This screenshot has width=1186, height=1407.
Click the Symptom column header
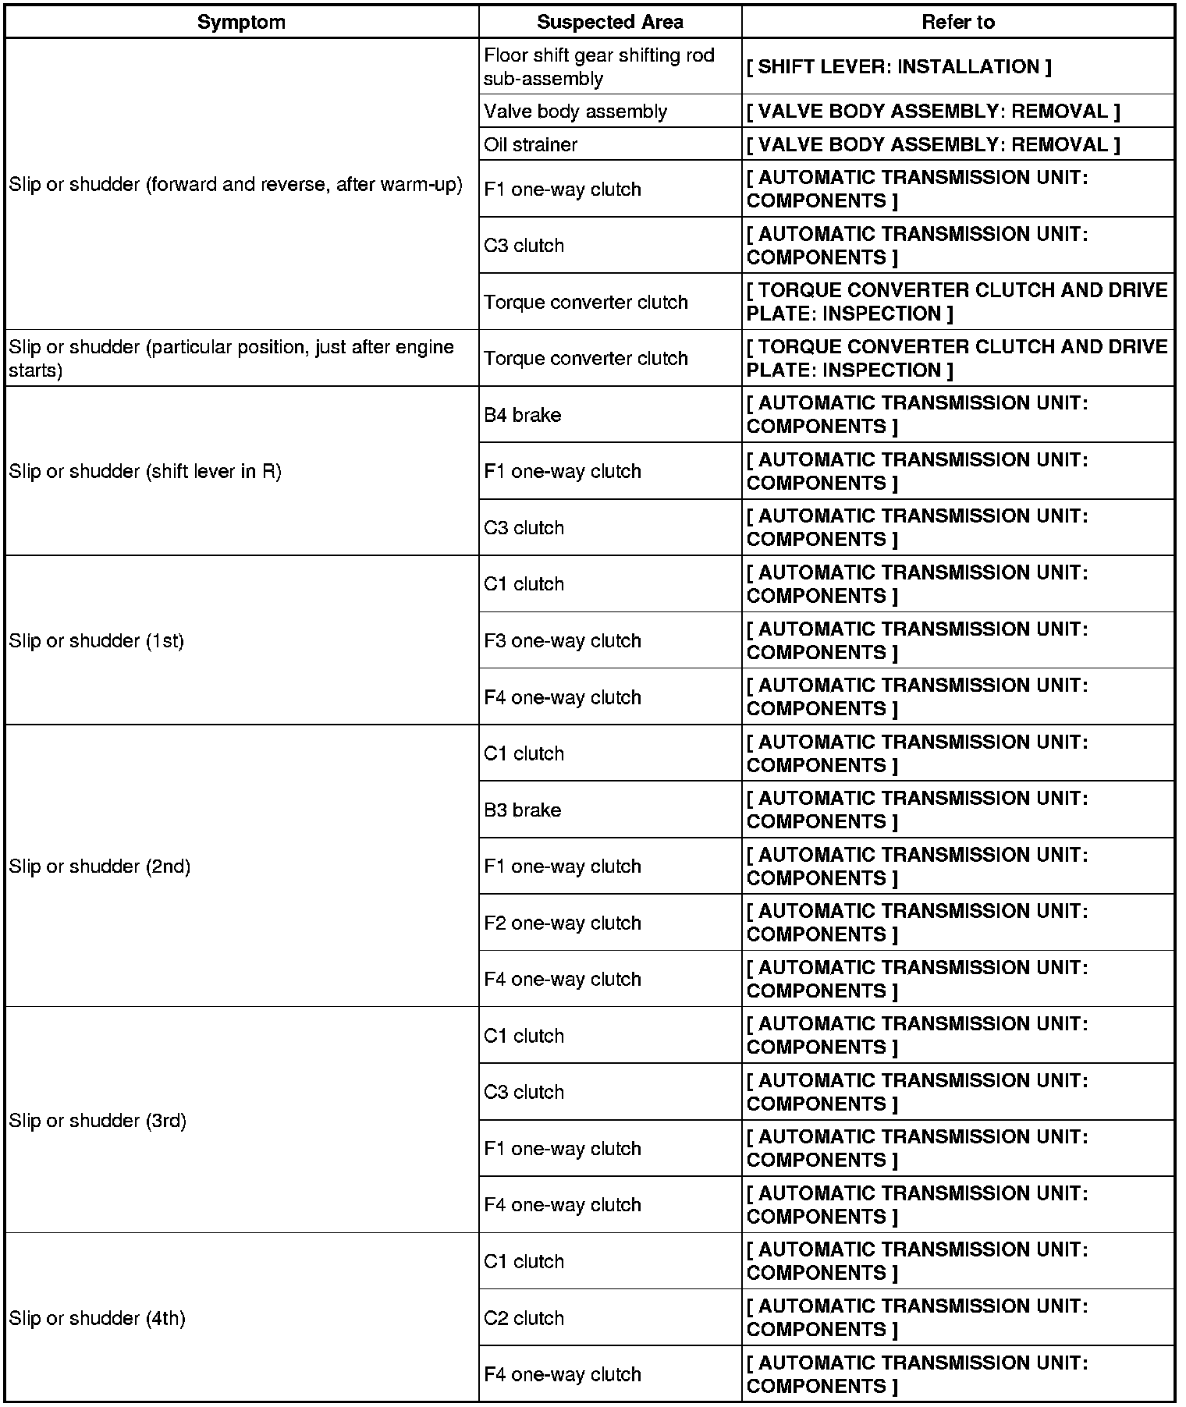[241, 22]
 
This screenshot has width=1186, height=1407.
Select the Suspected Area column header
[609, 22]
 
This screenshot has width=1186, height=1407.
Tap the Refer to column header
[957, 22]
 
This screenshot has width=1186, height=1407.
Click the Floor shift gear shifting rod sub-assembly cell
[598, 67]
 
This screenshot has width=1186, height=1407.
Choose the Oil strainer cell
[531, 144]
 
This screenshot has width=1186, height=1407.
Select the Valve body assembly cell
[575, 112]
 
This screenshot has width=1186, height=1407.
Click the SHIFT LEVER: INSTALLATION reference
[899, 67]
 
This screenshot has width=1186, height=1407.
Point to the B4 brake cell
[522, 415]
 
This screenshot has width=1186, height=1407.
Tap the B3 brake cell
[522, 810]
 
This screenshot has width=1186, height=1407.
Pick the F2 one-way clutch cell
[562, 923]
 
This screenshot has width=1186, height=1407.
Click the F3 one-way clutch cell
[562, 640]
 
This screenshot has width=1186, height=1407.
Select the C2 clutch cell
[524, 1318]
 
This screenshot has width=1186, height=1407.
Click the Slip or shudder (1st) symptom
[96, 640]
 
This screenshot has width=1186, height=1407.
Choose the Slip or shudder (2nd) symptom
[99, 867]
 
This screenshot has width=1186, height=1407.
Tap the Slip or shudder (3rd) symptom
[98, 1121]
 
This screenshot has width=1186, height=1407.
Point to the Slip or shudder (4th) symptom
[97, 1318]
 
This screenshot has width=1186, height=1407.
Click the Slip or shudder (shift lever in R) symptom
[145, 471]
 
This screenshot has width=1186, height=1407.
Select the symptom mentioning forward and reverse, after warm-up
[235, 185]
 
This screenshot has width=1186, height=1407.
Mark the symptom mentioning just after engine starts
[231, 358]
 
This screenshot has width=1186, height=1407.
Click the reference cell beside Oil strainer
[932, 144]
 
